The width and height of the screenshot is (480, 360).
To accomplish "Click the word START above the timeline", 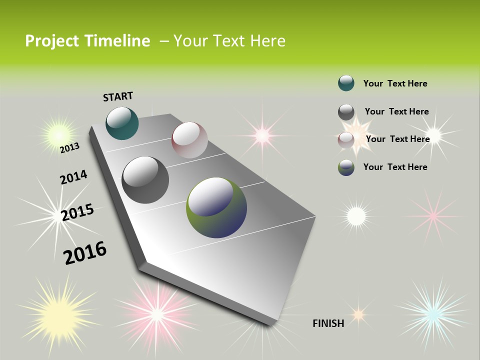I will tap(118, 96).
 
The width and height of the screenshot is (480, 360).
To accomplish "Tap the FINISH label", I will tap(328, 323).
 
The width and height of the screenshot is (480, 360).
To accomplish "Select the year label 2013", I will tap(69, 148).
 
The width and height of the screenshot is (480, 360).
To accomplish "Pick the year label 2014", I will tap(73, 177).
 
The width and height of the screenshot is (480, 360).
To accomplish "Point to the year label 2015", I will tap(77, 212).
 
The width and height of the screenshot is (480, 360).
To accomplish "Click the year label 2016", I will tap(85, 253).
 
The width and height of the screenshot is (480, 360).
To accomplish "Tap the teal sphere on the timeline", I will tap(122, 123).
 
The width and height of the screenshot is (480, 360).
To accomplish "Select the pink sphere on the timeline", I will tap(189, 139).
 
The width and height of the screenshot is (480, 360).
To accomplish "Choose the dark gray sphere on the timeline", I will tap(145, 180).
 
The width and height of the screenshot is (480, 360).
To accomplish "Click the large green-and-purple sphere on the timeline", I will tap(216, 207).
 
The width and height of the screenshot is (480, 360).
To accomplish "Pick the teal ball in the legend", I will tap(346, 83).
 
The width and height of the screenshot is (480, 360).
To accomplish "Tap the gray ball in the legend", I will tap(346, 112).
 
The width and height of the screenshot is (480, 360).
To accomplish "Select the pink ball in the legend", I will tap(346, 140).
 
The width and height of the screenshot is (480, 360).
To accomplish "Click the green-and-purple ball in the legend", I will tap(346, 167).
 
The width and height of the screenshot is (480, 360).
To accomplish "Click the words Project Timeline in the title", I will tap(87, 41).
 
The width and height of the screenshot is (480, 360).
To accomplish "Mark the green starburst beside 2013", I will tap(58, 134).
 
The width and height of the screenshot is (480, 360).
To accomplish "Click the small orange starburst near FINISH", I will tap(358, 314).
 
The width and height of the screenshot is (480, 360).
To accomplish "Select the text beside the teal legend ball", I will tap(395, 83).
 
